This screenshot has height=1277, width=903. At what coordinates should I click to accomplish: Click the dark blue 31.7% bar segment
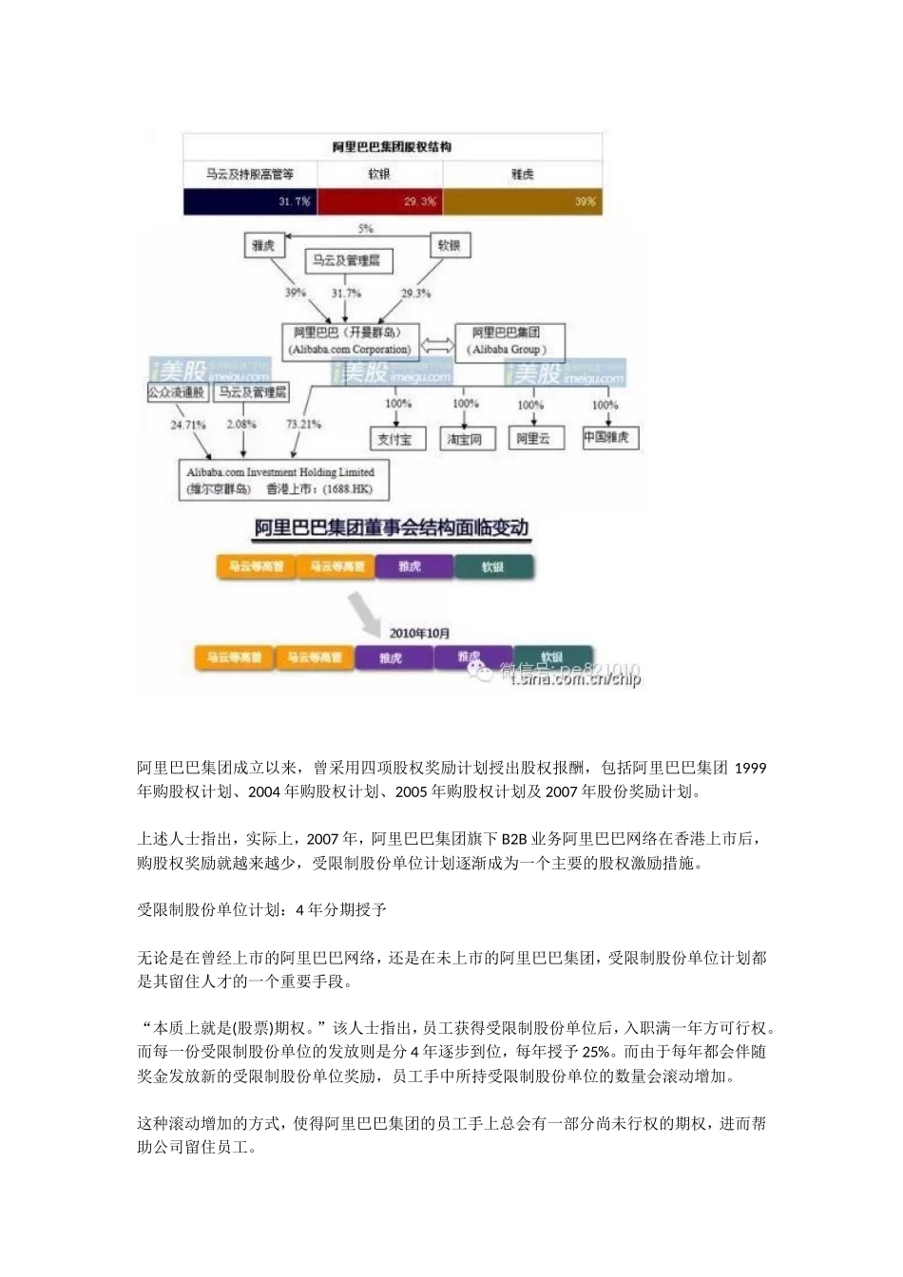(x=249, y=201)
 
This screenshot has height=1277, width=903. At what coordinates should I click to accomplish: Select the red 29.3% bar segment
(x=379, y=201)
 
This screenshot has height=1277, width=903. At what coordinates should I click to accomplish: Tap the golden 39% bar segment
(x=522, y=201)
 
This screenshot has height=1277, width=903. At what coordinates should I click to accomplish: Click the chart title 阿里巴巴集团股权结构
(x=392, y=147)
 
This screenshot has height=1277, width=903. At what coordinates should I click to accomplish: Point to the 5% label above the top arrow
(x=365, y=229)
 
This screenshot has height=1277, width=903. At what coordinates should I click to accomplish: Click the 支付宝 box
(x=395, y=439)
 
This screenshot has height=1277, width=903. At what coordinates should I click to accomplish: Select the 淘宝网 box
(x=465, y=439)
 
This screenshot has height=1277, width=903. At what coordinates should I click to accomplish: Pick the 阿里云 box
(x=533, y=438)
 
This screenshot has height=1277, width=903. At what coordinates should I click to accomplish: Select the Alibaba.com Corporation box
(x=351, y=341)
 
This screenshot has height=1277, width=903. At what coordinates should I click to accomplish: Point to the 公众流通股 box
(x=177, y=391)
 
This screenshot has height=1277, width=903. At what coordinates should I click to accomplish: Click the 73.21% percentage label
(x=303, y=424)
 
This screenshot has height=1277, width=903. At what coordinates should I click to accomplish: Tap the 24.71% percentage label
(x=188, y=425)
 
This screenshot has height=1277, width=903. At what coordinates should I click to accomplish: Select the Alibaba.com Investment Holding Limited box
(x=281, y=481)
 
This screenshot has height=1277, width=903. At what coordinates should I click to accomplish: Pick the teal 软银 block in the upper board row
(x=492, y=566)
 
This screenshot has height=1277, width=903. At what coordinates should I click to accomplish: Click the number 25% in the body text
(x=597, y=1052)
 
